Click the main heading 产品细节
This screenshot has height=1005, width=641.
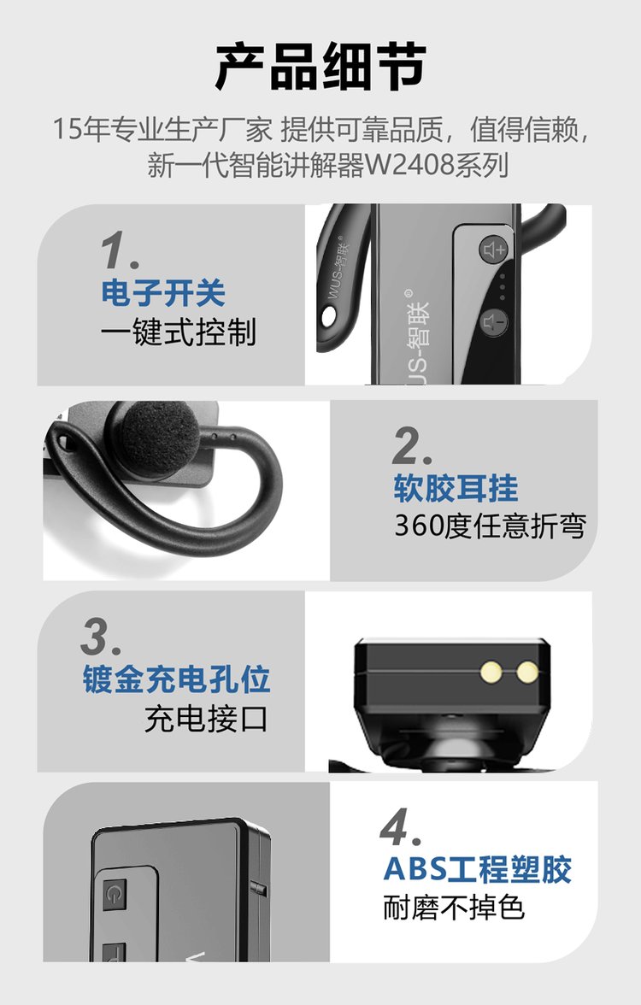coord(320,66)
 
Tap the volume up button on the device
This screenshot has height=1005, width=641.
coord(494,250)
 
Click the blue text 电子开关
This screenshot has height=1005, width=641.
coord(163,293)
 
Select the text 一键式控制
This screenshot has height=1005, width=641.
coord(178,332)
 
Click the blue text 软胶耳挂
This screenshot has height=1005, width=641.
coord(456,488)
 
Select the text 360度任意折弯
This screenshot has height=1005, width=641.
coord(490,526)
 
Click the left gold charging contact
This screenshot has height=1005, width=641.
coord(491,672)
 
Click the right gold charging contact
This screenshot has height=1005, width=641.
coord(527,672)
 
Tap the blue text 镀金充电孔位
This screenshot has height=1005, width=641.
coord(176,679)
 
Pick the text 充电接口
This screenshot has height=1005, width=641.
coord(206,719)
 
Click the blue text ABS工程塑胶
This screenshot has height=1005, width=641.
coord(478,869)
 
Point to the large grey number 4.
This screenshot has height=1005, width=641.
coord(400,827)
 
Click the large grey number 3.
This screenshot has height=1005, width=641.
coord(101,637)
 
